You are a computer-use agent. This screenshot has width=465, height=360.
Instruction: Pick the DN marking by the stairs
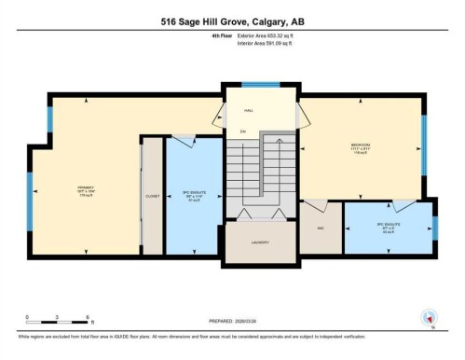[242, 131]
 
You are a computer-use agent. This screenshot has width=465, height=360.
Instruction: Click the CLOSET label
[153, 196]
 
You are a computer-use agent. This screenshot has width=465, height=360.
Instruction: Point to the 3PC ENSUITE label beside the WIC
[387, 227]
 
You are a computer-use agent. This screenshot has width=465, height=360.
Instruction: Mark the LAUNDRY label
[260, 242]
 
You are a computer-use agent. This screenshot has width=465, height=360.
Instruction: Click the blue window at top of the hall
[260, 87]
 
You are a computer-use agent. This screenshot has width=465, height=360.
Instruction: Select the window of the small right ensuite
[434, 228]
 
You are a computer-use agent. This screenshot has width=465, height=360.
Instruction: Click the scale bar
[57, 323]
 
